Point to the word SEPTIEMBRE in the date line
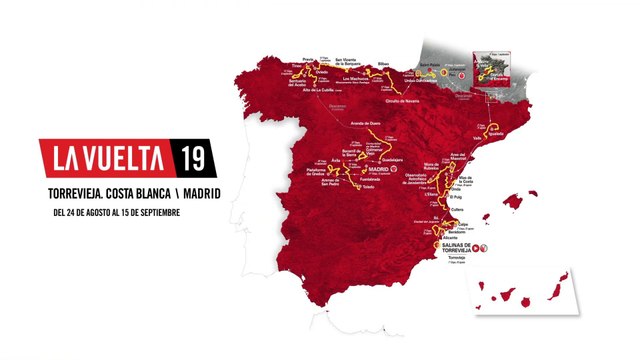(164, 212)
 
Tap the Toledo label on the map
(373, 187)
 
